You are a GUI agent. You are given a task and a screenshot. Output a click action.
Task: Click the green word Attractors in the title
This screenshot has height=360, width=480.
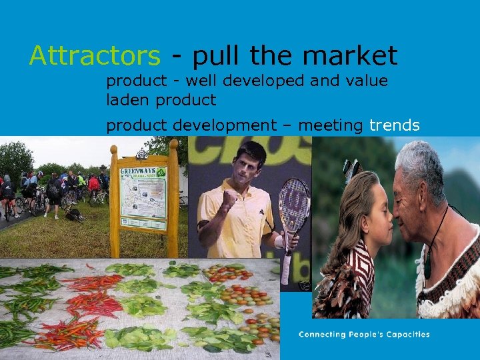(94, 56)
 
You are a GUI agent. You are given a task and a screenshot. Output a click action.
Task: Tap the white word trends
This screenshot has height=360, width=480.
(394, 125)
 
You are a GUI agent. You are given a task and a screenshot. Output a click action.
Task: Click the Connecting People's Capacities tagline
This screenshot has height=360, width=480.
(364, 334)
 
